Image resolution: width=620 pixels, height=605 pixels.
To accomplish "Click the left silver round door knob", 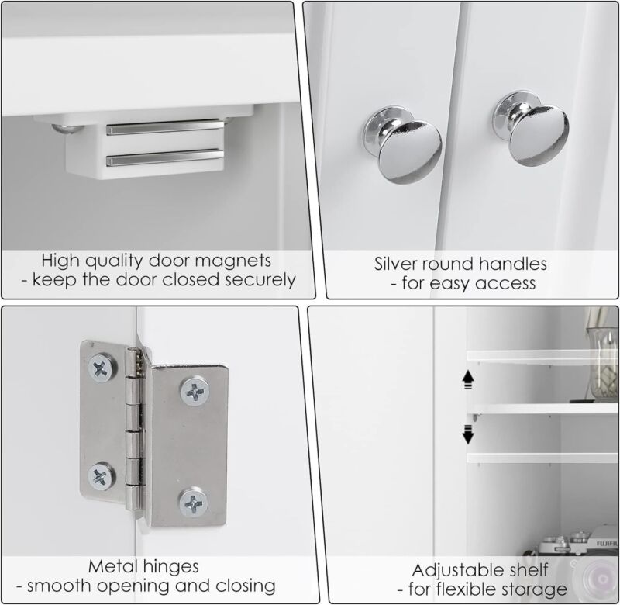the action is [x=402, y=144].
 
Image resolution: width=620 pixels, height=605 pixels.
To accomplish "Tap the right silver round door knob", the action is [x=531, y=129].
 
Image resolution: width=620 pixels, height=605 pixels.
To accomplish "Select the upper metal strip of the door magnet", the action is [x=165, y=128].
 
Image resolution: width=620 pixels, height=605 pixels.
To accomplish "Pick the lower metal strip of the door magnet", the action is [x=165, y=157].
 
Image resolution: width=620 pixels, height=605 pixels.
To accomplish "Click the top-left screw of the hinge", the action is [x=102, y=368].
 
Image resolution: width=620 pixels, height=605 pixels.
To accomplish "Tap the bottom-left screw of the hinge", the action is [x=102, y=476].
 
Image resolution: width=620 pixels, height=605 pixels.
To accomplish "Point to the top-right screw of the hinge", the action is [x=195, y=392].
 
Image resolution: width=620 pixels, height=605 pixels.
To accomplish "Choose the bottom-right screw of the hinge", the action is [x=193, y=503].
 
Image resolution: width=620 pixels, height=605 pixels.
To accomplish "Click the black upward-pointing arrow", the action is [x=468, y=379].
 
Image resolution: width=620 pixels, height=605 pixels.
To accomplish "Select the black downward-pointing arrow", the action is [x=468, y=434].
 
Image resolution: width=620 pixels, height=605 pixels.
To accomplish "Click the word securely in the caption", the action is [x=260, y=281].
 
